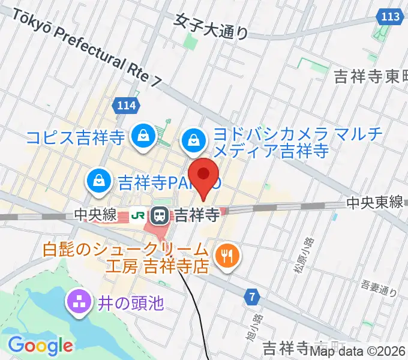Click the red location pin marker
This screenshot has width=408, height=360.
205,176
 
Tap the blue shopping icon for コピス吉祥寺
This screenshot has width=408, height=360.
144,137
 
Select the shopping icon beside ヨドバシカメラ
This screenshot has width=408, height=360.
194,141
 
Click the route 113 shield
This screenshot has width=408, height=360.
390,17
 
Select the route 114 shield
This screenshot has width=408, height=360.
126,106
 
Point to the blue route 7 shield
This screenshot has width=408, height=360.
253,296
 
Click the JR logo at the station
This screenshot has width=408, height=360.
137,214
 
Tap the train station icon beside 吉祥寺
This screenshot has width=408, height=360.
160,214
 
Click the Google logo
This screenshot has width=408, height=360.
40,346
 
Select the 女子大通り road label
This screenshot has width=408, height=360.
211,26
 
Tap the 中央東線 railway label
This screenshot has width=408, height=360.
374,203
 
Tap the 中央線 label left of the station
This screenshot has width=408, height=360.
94,214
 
